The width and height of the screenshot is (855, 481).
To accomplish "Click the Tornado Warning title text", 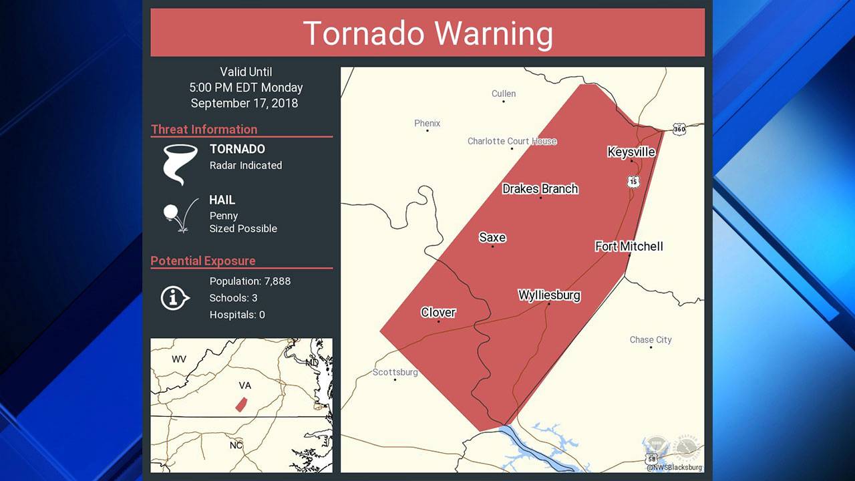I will [427, 33].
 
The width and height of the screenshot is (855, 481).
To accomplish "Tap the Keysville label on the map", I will [631, 152].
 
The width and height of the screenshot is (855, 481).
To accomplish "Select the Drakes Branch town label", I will [540, 189].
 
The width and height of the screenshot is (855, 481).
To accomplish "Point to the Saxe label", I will [492, 237].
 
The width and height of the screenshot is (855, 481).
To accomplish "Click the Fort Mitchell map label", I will [629, 247].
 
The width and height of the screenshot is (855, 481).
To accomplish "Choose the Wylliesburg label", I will [549, 295].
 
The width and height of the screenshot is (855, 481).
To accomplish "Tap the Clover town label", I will [438, 312].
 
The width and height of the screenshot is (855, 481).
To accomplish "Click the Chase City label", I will [650, 339].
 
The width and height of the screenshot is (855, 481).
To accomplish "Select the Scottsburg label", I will [395, 372].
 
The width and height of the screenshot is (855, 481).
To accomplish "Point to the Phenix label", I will [427, 123].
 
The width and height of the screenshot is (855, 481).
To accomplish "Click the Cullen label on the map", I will [504, 94].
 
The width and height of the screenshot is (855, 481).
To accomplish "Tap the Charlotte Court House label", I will [512, 141].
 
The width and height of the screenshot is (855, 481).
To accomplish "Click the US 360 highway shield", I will [679, 129].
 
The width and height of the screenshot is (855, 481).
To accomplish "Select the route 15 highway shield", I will [633, 181].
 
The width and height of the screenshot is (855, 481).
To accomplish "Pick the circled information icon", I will [174, 298].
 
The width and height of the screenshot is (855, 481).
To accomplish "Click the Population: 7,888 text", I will [250, 281].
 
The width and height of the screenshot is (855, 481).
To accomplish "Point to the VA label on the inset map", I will [244, 385].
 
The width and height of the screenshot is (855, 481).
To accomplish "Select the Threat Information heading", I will [204, 130].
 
